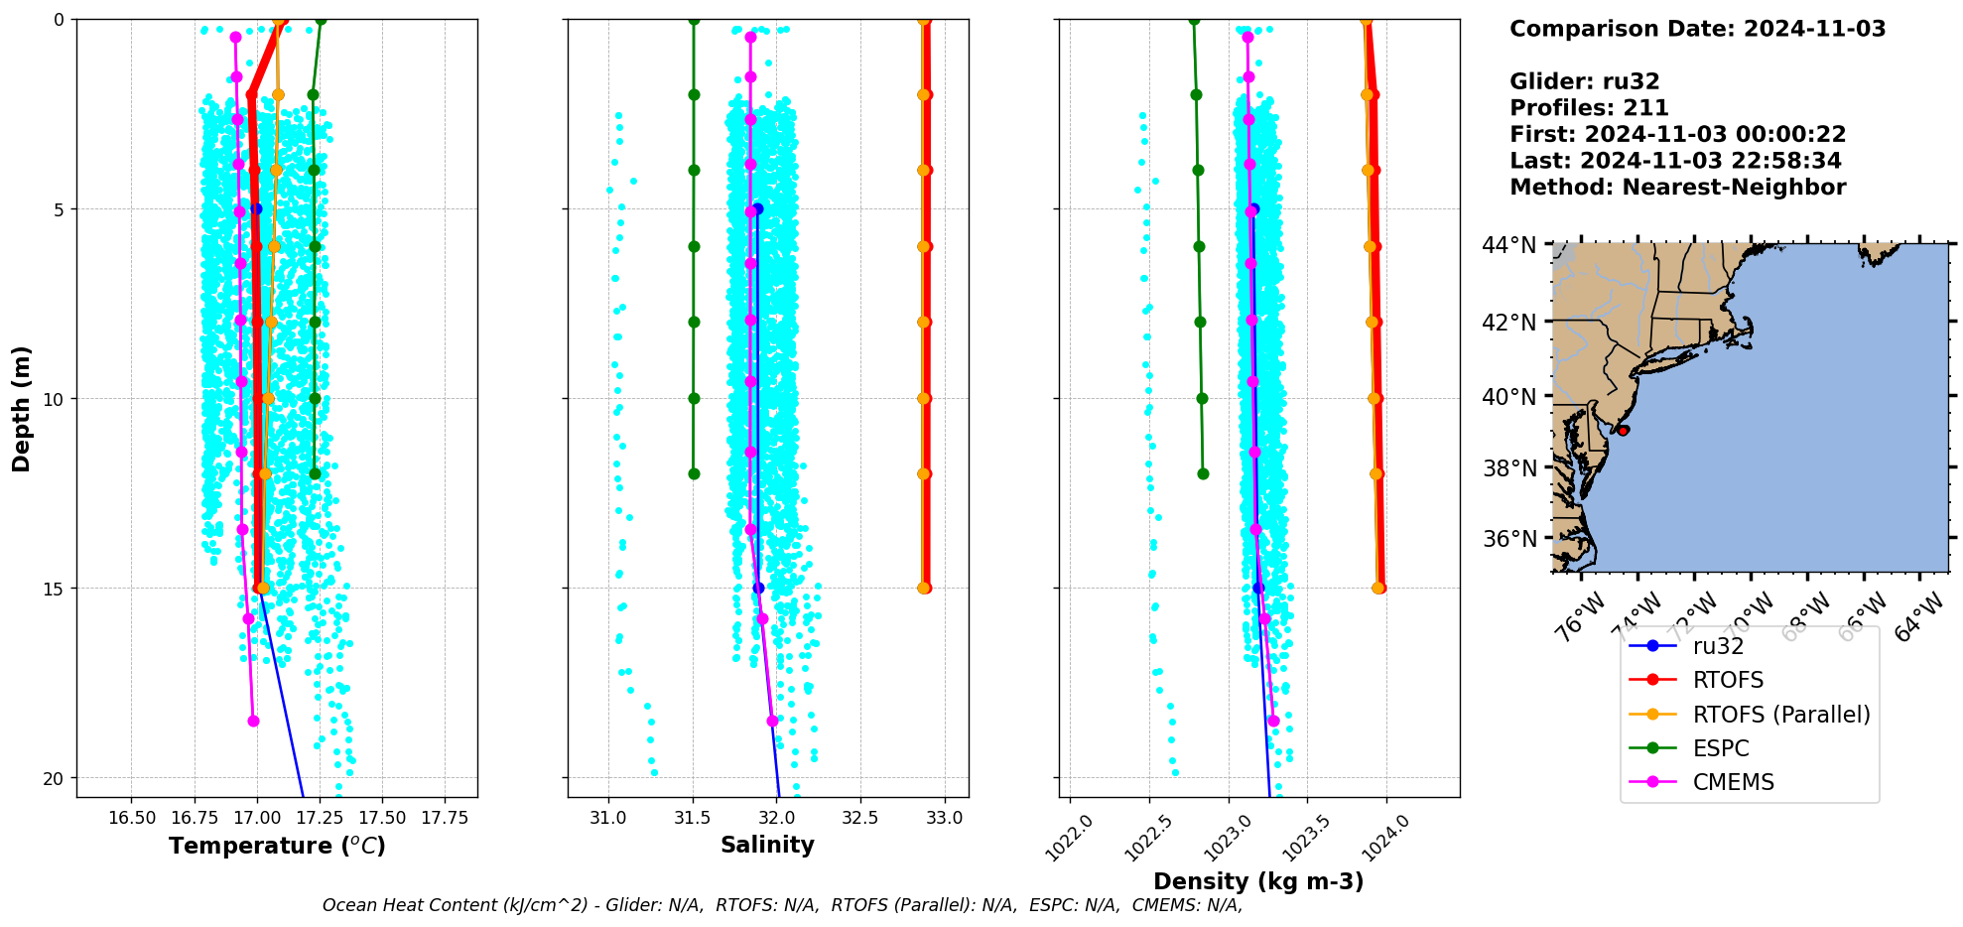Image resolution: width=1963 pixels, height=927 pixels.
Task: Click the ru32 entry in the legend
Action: (1718, 646)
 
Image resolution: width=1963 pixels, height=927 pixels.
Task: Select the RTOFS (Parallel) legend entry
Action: (1780, 715)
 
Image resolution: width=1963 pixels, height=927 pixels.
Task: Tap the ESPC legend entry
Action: (1720, 748)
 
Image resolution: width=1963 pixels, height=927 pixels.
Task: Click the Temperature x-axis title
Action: (277, 846)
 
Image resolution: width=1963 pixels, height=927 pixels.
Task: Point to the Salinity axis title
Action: (767, 845)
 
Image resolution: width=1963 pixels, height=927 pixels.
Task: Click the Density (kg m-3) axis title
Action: (1258, 881)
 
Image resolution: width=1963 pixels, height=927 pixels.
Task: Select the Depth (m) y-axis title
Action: (22, 408)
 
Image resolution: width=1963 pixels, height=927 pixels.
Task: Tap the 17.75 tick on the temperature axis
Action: (444, 818)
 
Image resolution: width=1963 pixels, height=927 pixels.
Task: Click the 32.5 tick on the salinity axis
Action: (860, 818)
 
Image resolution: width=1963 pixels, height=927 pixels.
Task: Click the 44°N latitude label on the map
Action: (1508, 245)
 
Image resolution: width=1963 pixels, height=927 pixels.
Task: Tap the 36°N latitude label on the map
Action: (1508, 539)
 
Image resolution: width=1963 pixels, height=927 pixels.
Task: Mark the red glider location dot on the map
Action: (1623, 430)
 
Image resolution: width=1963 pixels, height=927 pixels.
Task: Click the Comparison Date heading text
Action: (1697, 29)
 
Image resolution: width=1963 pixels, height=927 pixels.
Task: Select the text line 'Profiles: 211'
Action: (1589, 108)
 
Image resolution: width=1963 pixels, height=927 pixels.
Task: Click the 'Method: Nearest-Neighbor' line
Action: (1677, 188)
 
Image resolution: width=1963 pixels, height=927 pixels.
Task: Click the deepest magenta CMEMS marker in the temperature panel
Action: (253, 721)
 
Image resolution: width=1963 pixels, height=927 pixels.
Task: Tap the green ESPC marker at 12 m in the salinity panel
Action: (694, 473)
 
